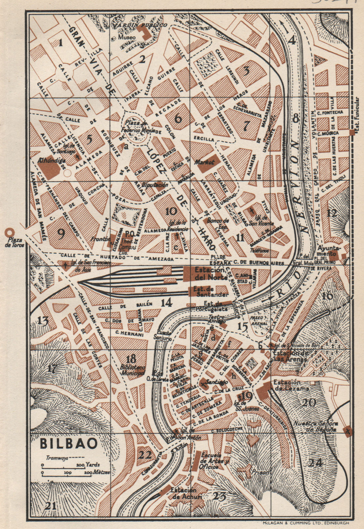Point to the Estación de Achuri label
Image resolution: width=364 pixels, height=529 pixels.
coord(184,493)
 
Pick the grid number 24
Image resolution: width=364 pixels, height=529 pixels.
coord(316,463)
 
